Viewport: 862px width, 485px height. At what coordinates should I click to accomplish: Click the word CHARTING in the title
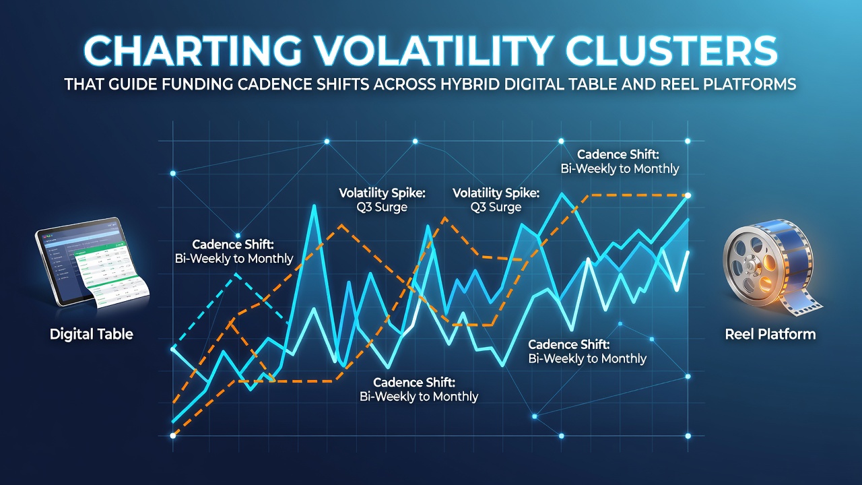(x=193, y=51)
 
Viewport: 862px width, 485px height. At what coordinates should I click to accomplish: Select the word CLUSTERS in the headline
(x=672, y=51)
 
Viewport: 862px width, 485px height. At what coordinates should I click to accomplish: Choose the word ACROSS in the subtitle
(x=405, y=84)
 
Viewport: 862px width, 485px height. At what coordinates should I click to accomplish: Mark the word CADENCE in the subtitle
(x=273, y=84)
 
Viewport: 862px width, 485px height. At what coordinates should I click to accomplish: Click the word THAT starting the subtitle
(x=84, y=84)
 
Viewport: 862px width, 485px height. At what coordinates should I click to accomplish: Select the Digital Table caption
(x=92, y=333)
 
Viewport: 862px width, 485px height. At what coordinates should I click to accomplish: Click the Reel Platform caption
(x=770, y=334)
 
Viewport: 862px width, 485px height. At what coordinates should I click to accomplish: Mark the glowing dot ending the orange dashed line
(x=688, y=195)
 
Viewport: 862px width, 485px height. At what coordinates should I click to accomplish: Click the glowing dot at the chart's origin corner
(x=173, y=436)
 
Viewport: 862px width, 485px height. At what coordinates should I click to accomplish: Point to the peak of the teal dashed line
(x=236, y=274)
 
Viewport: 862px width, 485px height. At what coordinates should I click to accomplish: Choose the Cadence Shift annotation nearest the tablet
(x=234, y=251)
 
